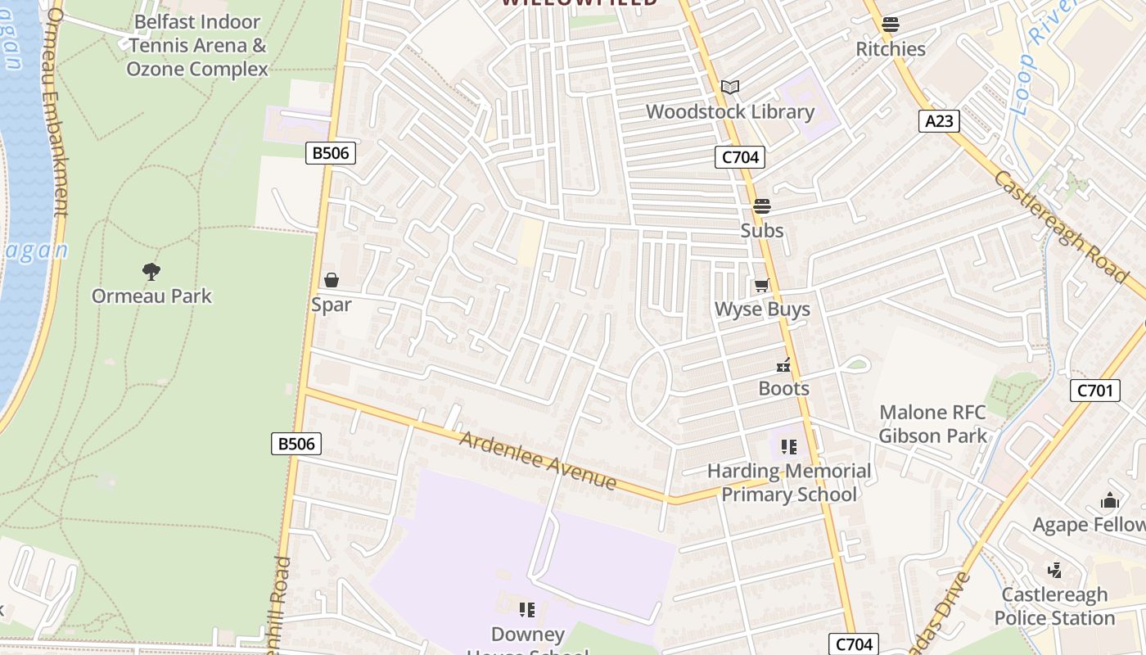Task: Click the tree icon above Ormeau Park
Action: tap(151, 271)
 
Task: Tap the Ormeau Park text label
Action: tap(151, 296)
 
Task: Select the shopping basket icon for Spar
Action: tap(332, 281)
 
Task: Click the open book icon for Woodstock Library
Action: tap(730, 87)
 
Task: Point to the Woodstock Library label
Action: tap(730, 112)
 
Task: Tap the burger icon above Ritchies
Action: tap(891, 25)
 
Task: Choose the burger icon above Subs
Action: tap(762, 206)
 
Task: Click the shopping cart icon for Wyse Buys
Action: tap(762, 285)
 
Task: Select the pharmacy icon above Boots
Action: tap(784, 365)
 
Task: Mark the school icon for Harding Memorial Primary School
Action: tap(789, 446)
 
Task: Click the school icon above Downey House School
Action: tap(527, 610)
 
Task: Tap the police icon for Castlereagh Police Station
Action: tap(1055, 570)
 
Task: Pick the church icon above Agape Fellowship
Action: tap(1110, 500)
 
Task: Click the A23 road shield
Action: tap(938, 121)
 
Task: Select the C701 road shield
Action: tap(1094, 391)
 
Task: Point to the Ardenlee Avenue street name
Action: tap(538, 461)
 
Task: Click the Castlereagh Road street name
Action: tap(1061, 226)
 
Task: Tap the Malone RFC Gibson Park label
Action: tap(933, 424)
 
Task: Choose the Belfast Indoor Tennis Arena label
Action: tap(197, 46)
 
